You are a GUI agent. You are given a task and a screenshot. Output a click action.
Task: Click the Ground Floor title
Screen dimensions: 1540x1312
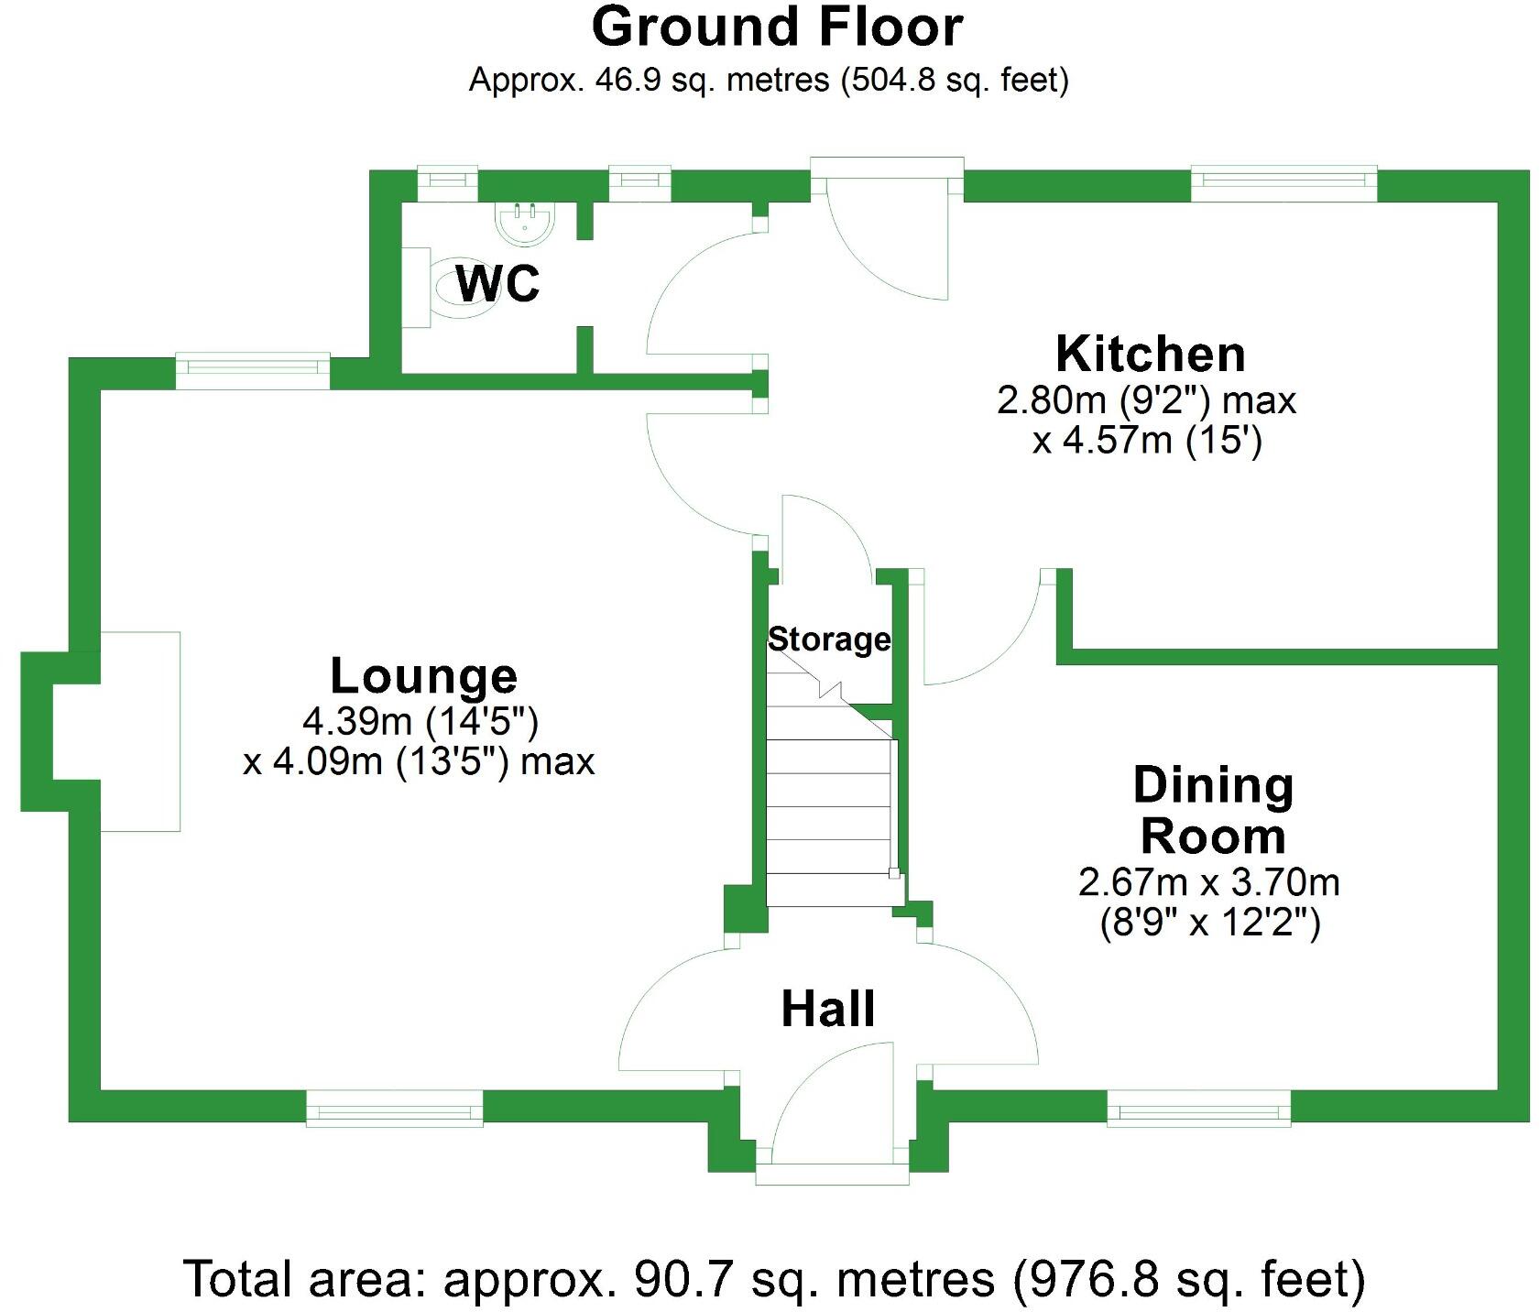tap(776, 27)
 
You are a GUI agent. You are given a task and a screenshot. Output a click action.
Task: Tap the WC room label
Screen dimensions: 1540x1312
tap(497, 283)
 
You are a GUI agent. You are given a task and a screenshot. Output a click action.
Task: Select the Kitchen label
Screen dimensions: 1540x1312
tap(1150, 355)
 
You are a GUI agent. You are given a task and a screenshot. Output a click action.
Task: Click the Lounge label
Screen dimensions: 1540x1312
tap(423, 676)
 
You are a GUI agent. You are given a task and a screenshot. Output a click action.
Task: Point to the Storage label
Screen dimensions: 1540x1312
tap(828, 639)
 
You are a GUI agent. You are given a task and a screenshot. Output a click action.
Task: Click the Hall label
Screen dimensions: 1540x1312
tap(828, 1009)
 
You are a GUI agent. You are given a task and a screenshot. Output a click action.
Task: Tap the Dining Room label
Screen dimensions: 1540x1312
tap(1213, 810)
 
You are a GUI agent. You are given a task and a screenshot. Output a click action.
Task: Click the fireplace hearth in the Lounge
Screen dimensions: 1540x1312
tap(139, 731)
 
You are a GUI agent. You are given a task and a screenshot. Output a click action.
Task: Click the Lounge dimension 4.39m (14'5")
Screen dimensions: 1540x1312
tap(420, 722)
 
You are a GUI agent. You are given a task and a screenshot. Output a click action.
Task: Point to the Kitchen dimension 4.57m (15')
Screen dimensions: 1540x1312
tap(1147, 442)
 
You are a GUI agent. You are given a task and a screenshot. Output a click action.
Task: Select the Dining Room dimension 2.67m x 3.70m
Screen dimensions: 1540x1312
tap(1208, 882)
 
